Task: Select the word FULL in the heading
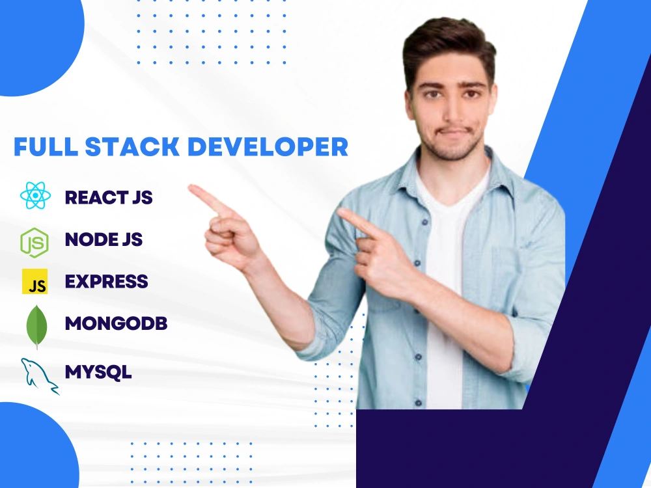(46, 147)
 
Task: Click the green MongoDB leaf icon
(36, 325)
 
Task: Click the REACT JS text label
(109, 197)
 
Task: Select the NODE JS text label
(104, 239)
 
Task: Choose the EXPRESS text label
(106, 282)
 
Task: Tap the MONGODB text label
(116, 323)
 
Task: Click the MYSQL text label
(98, 372)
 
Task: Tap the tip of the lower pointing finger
(340, 211)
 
